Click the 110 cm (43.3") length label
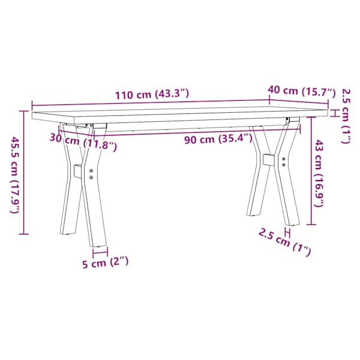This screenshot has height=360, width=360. click(x=152, y=94)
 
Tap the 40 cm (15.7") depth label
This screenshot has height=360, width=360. click(x=302, y=91)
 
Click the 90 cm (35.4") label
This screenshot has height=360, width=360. click(x=218, y=139)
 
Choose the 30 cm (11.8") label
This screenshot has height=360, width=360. click(x=83, y=142)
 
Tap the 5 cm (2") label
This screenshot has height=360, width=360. click(x=106, y=263)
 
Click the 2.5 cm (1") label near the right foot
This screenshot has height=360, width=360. click(x=284, y=242)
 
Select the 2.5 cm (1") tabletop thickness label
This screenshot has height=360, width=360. click(x=346, y=116)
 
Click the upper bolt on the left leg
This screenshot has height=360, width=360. click(x=91, y=170)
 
